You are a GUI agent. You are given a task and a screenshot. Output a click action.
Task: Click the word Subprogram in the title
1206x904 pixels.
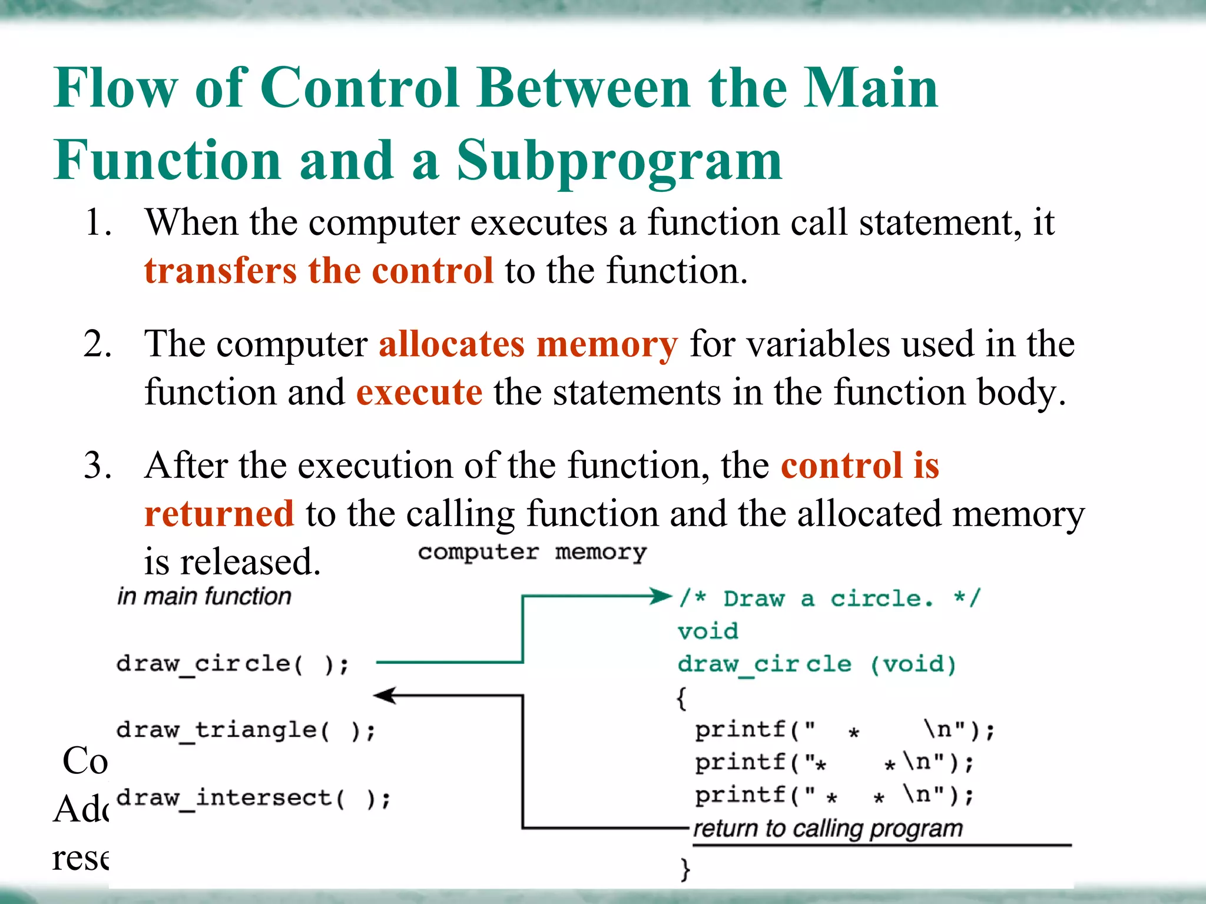[x=619, y=161]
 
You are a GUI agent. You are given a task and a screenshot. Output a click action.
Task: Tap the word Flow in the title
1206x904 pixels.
[x=115, y=88]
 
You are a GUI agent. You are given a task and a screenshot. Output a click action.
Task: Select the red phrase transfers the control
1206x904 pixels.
[x=319, y=271]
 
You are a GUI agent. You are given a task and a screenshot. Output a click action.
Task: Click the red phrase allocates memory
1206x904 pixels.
[x=528, y=344]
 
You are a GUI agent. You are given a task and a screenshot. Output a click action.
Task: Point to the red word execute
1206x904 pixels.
[x=419, y=393]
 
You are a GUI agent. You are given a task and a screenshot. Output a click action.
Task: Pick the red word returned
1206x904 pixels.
[x=219, y=514]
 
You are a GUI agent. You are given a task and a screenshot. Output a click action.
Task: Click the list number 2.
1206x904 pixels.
[x=97, y=344]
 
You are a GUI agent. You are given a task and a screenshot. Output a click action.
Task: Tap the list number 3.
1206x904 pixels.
[x=97, y=466]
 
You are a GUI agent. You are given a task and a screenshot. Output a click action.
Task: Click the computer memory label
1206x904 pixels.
[x=532, y=552]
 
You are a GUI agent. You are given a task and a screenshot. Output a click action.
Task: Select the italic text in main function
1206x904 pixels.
[x=204, y=596]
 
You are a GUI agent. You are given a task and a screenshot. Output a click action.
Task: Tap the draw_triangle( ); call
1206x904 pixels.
[x=246, y=731]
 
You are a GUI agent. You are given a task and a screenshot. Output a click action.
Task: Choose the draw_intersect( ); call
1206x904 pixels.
[x=254, y=799]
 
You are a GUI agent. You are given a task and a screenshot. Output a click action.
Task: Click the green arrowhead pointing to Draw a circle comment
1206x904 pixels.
[x=661, y=596]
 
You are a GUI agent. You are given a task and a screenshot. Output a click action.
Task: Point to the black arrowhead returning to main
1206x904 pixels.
[x=385, y=696]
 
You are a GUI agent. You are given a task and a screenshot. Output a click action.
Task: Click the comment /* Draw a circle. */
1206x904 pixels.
[x=830, y=599]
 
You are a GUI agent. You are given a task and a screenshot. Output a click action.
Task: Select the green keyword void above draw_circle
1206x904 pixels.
[x=708, y=632]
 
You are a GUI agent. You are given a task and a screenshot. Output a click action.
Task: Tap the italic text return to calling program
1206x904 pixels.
[x=827, y=829]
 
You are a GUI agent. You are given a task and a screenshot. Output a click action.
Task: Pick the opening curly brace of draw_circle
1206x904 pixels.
[x=682, y=699]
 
